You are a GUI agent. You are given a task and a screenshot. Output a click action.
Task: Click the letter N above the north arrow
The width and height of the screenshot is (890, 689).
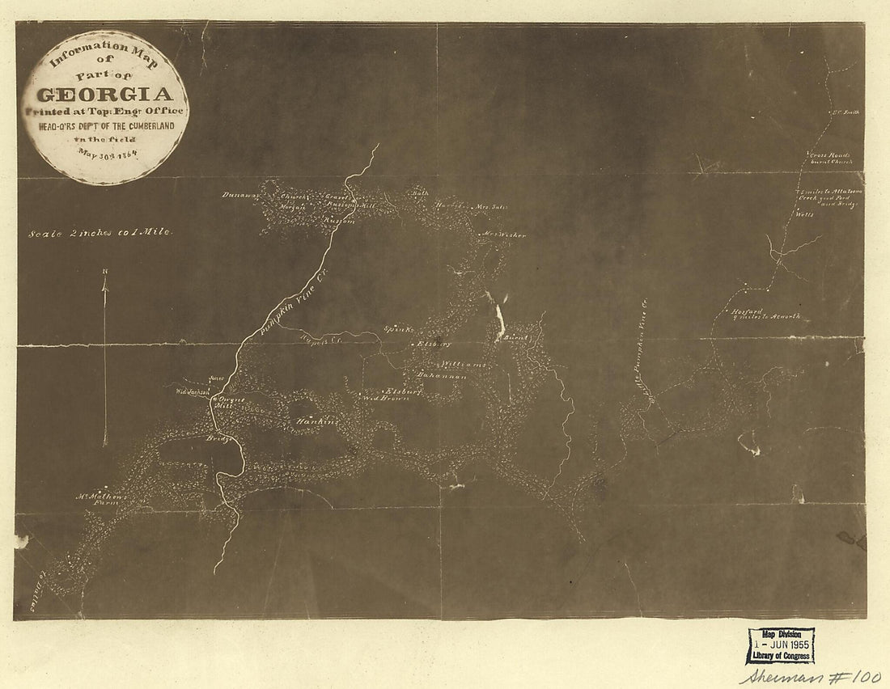[x=104, y=272]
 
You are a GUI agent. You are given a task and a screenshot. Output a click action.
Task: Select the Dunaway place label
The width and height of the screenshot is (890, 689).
[x=239, y=195]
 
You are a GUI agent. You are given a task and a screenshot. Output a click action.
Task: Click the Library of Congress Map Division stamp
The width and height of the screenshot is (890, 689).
[x=780, y=645]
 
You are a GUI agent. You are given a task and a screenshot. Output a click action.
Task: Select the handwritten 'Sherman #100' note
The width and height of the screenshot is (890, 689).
[x=809, y=677]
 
